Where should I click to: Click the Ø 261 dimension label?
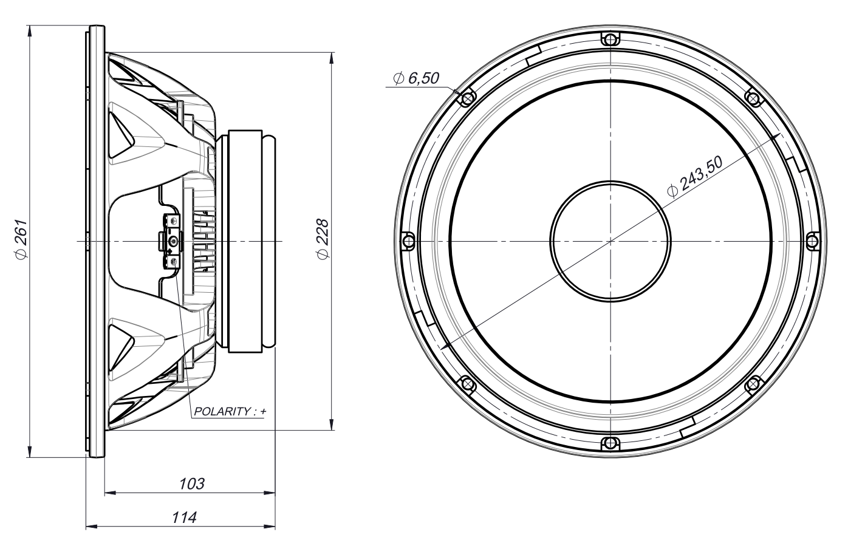[x=21, y=241]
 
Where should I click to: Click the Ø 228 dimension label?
[x=323, y=241]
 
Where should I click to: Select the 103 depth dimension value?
[x=191, y=483]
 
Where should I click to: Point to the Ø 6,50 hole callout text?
[x=416, y=78]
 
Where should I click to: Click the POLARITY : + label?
[x=230, y=411]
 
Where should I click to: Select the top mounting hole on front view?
[x=610, y=39]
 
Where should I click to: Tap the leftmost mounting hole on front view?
[x=408, y=241]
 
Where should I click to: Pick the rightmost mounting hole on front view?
[x=812, y=241]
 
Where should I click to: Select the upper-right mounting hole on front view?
[x=753, y=98]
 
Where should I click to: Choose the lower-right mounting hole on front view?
[x=753, y=384]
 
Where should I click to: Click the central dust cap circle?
[x=610, y=241]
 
